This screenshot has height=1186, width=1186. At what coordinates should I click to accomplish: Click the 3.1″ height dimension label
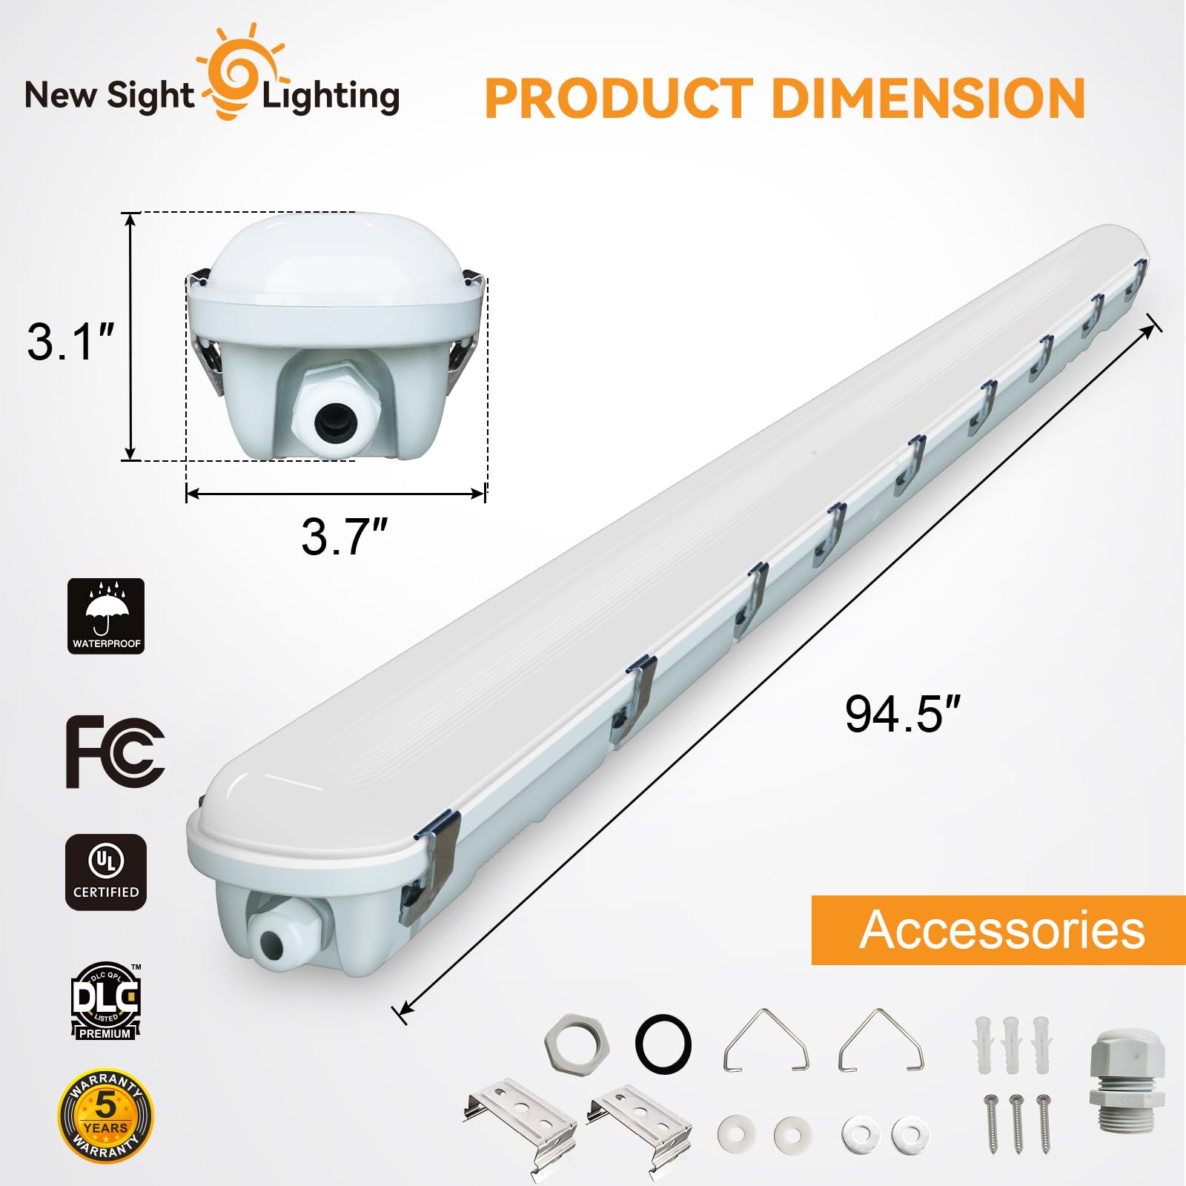tap(71, 342)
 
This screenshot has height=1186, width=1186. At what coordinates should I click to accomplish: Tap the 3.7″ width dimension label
tap(344, 537)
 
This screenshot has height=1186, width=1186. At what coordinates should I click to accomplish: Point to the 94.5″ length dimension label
tap(902, 715)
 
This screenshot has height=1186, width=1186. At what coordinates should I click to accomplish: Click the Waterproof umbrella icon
tap(106, 616)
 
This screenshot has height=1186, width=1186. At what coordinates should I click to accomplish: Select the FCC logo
tap(115, 752)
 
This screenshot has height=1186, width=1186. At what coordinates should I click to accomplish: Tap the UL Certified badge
tap(106, 872)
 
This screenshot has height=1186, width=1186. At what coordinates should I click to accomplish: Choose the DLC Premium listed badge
tap(105, 1001)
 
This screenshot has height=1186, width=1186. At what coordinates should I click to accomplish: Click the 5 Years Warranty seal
tap(105, 1115)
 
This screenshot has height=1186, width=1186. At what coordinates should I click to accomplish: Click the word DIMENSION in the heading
tap(928, 99)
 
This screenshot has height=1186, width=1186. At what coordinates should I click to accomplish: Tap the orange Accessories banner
tap(998, 930)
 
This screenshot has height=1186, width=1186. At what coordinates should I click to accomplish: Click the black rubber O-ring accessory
tap(663, 1043)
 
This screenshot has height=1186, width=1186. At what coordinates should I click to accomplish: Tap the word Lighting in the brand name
tap(331, 97)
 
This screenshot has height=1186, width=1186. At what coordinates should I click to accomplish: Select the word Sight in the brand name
tap(150, 97)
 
